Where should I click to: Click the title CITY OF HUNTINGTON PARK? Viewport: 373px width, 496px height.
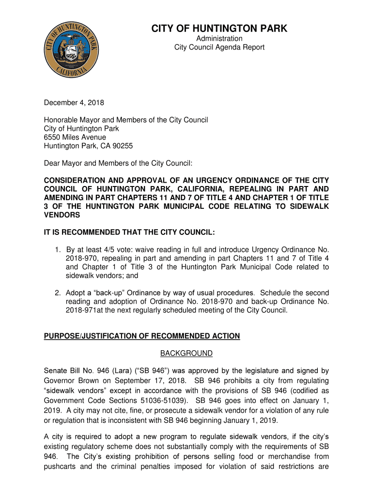pos(219,29)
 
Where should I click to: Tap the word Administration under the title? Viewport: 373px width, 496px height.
pos(219,39)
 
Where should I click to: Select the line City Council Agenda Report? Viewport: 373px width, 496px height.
pos(219,47)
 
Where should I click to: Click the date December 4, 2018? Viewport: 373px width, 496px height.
pos(74,103)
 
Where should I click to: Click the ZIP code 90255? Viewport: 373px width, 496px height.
pos(123,146)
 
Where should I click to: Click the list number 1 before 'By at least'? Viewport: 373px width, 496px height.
pos(57,250)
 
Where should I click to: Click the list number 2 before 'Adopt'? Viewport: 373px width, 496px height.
pos(57,293)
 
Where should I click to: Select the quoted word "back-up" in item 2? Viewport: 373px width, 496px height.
pos(103,293)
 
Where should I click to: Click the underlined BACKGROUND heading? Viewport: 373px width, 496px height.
pos(186,354)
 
